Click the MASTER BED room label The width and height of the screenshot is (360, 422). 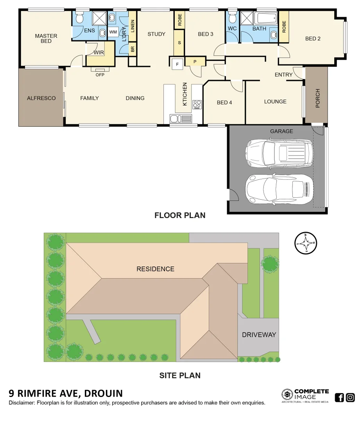[46, 38]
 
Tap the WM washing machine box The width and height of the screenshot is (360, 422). [113, 32]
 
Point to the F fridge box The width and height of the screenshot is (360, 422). [177, 64]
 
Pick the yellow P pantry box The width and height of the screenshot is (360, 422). [194, 62]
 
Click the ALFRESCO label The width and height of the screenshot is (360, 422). [41, 98]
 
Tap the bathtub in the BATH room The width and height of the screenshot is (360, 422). [265, 18]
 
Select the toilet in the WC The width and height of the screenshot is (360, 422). [233, 18]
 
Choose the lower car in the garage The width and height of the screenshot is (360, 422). [279, 189]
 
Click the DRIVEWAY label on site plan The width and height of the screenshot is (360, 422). [259, 335]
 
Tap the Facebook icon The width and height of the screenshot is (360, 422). [339, 398]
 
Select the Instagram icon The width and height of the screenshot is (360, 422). [350, 398]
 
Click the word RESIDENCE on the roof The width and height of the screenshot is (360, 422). [155, 269]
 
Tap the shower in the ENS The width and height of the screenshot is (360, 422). [99, 18]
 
